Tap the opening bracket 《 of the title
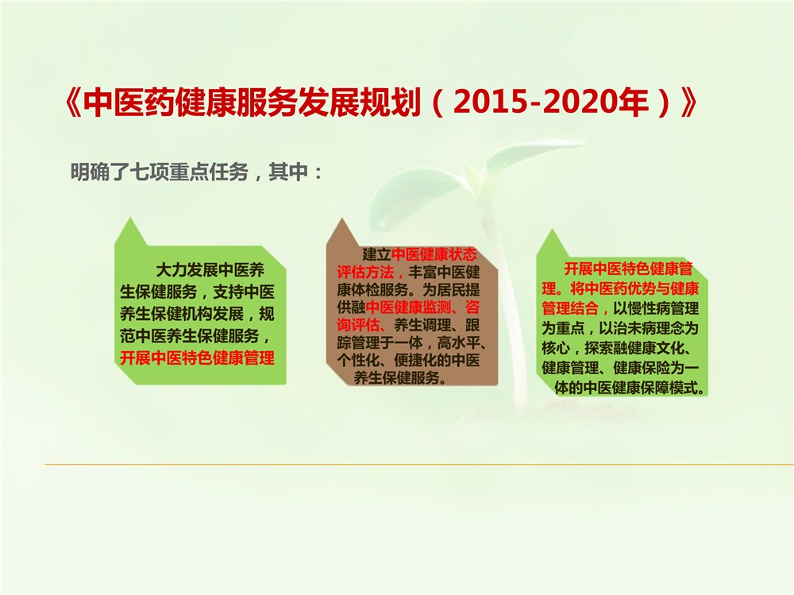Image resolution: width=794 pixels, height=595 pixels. (74, 103)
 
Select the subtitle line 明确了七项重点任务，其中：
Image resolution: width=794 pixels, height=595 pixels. (196, 172)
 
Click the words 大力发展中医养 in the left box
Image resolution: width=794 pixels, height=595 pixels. (210, 269)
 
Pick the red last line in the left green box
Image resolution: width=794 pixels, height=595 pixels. (198, 357)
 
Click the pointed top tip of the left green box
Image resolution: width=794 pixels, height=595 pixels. (131, 218)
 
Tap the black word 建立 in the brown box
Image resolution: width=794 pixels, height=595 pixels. (376, 254)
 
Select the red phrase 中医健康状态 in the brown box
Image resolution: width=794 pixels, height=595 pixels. (434, 254)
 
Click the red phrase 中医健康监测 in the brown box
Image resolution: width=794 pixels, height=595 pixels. (407, 307)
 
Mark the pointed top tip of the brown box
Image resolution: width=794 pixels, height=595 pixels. (342, 219)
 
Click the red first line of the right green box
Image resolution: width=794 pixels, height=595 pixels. (628, 269)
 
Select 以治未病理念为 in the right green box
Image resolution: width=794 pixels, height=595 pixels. (649, 328)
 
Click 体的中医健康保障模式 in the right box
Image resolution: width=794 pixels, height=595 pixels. (625, 388)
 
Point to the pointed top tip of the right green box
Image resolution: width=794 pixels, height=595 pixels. (553, 230)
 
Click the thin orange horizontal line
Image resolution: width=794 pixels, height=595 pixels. (419, 464)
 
